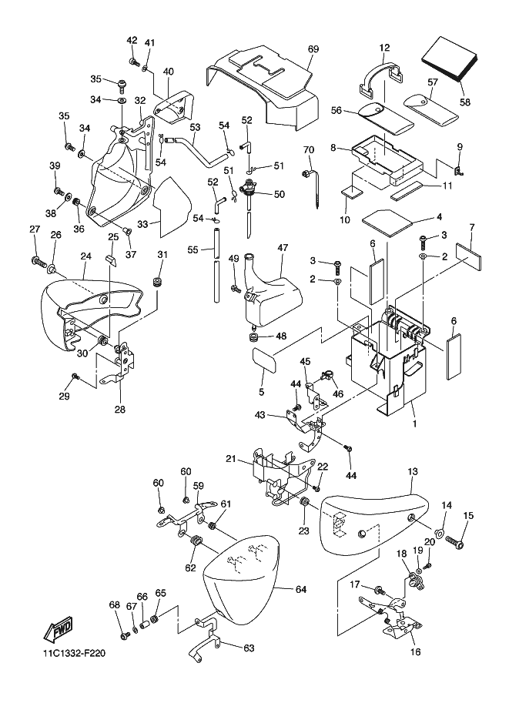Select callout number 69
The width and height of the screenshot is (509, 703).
point(313,49)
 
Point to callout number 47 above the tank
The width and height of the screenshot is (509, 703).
point(283,248)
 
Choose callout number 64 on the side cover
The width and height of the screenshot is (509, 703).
point(300,589)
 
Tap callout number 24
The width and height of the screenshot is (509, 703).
point(85,256)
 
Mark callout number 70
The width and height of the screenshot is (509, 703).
point(308,149)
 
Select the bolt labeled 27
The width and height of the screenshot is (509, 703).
point(35,262)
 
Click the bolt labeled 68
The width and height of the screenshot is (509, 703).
point(124,636)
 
